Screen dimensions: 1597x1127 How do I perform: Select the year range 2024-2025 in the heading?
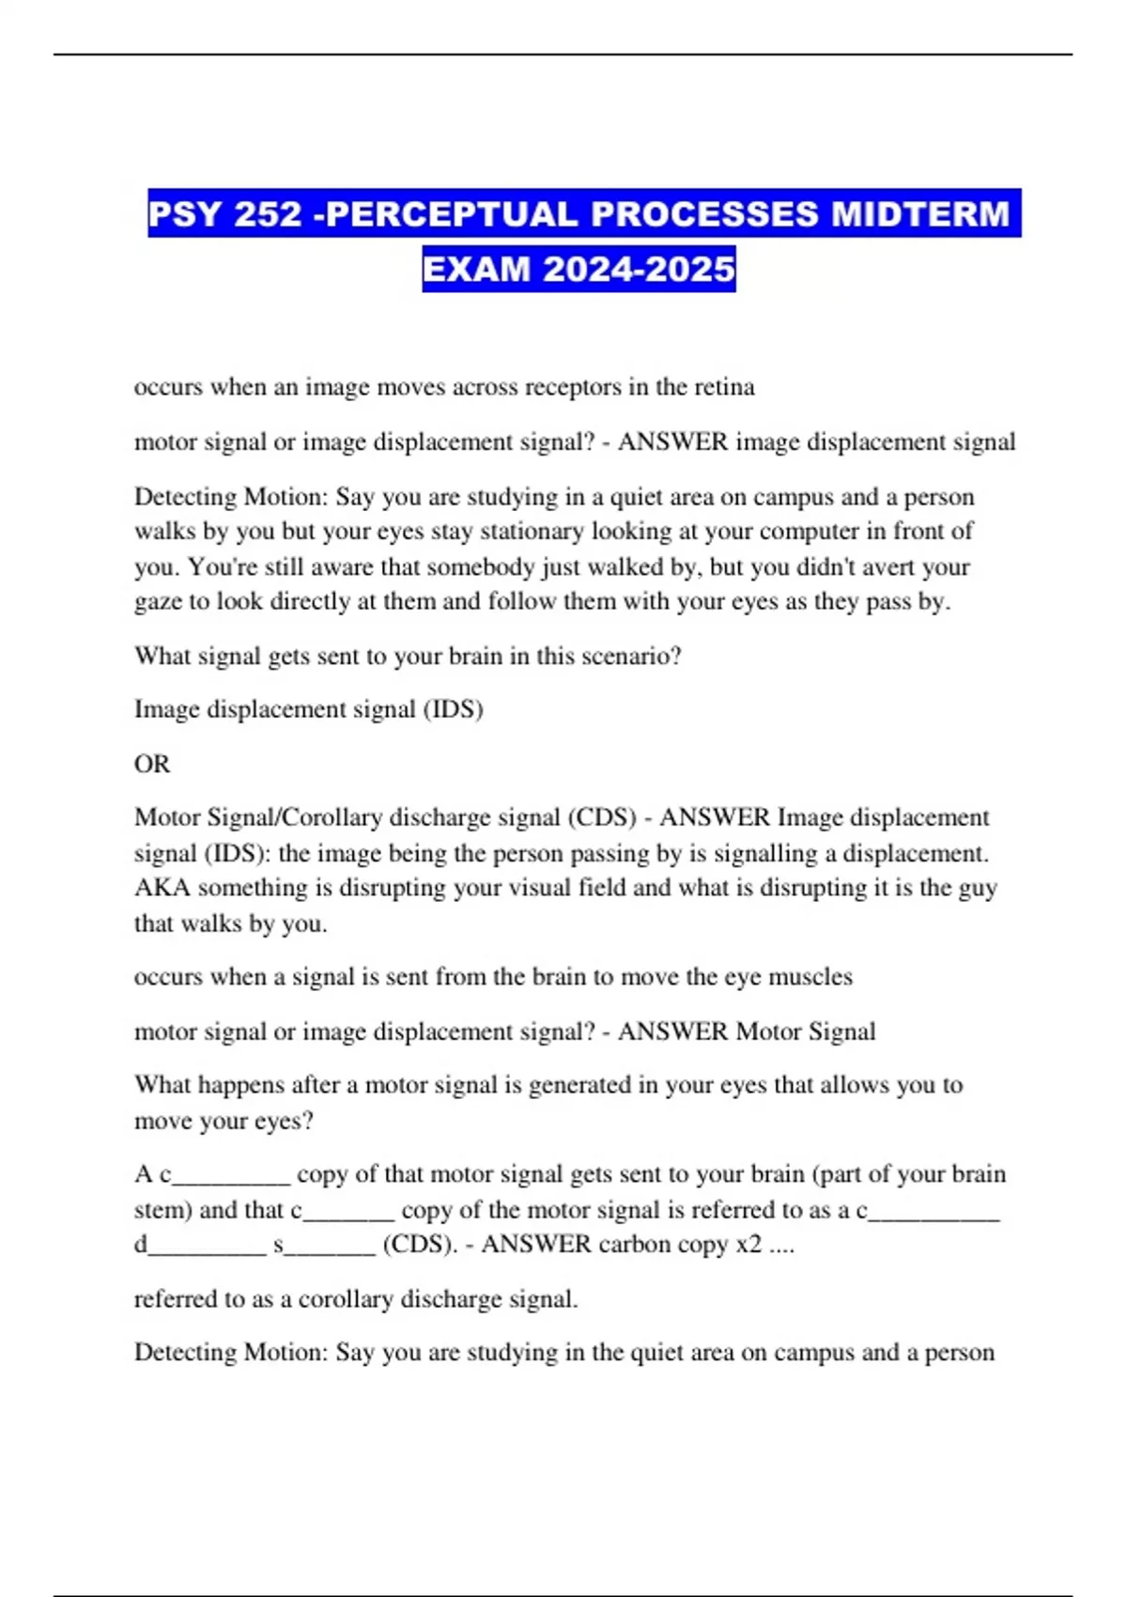click(639, 270)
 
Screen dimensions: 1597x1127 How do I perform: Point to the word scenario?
click(631, 656)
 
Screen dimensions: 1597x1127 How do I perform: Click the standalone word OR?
click(152, 764)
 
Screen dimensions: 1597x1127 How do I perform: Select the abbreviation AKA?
click(162, 888)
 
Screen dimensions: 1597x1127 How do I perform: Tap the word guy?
click(975, 888)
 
